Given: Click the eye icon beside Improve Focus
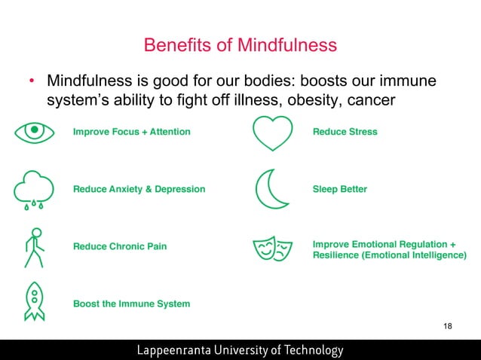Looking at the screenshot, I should coord(35,132).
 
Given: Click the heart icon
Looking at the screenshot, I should coord(272,133).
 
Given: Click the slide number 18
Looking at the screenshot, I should coord(448,326).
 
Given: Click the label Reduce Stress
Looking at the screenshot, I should coord(345,132).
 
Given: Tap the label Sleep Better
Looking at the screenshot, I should coord(339,189).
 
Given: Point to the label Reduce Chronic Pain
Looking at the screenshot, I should coord(120,246).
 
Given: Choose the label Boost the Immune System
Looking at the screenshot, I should coord(131,304).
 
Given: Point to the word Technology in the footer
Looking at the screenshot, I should coord(311,350).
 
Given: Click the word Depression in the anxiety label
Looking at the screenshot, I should coord(179,189).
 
